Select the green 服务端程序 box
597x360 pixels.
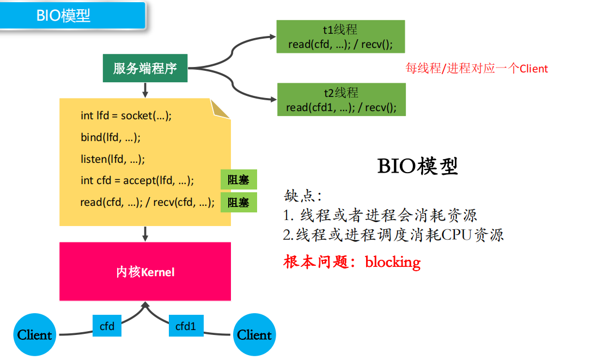[145, 69]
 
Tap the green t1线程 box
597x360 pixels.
[340, 36]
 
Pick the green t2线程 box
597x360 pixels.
[342, 100]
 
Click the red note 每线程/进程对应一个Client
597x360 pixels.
[477, 69]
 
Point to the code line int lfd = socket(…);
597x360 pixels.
[126, 115]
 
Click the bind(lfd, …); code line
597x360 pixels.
[111, 137]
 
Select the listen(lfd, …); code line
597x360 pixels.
[113, 159]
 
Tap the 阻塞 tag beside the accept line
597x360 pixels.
[239, 180]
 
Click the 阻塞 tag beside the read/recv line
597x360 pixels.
[239, 203]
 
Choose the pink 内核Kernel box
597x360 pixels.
[145, 271]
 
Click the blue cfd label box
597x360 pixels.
[107, 326]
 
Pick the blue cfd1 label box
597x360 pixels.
[185, 326]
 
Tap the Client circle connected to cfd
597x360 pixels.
[35, 334]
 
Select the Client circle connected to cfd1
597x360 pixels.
[254, 334]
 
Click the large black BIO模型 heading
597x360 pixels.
[418, 166]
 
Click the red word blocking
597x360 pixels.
[393, 262]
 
